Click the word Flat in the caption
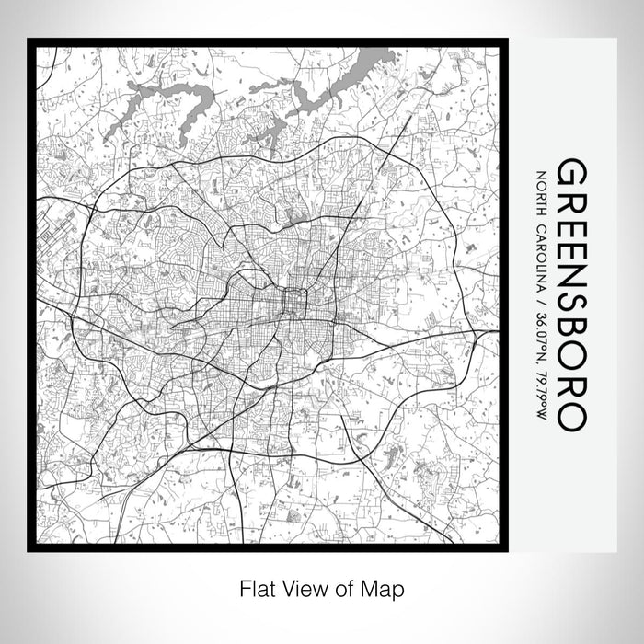pyautogui.click(x=253, y=586)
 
